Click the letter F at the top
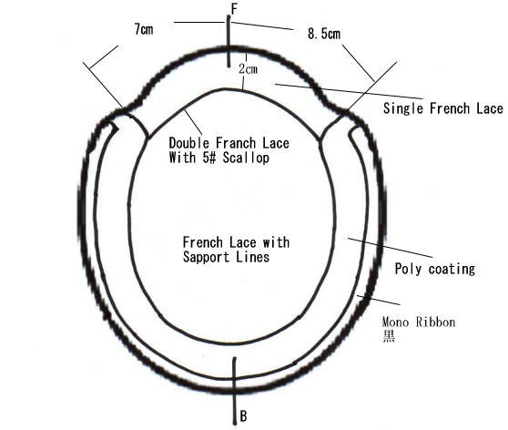pyautogui.click(x=235, y=9)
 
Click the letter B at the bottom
pyautogui.click(x=244, y=415)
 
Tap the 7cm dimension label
pyautogui.click(x=144, y=29)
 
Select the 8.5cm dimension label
pyautogui.click(x=324, y=34)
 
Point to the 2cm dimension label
pyautogui.click(x=249, y=68)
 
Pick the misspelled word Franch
pyautogui.click(x=236, y=143)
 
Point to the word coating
pyautogui.click(x=452, y=270)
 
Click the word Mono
pyautogui.click(x=395, y=322)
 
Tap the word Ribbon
pyautogui.click(x=436, y=322)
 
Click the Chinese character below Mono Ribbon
pyautogui.click(x=389, y=336)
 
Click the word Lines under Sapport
pyautogui.click(x=253, y=258)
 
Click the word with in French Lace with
pyautogui.click(x=276, y=242)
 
